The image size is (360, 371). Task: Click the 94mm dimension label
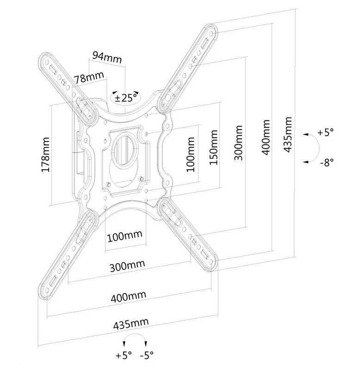pyautogui.click(x=107, y=57)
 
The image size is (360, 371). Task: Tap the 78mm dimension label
pyautogui.click(x=89, y=77)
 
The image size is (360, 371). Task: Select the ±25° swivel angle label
pyautogui.click(x=126, y=98)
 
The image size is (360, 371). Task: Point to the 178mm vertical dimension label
pyautogui.click(x=45, y=155)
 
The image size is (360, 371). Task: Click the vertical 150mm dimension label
pyautogui.click(x=213, y=147)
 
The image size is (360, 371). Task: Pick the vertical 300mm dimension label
pyautogui.click(x=238, y=143)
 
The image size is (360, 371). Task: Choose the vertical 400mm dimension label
pyautogui.click(x=266, y=137)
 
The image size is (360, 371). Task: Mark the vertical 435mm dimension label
pyautogui.click(x=287, y=135)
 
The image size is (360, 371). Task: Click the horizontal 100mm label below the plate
pyautogui.click(x=125, y=236)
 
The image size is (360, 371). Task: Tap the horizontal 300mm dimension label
pyautogui.click(x=127, y=266)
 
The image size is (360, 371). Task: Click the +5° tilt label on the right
pyautogui.click(x=326, y=132)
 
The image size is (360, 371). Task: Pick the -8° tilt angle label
pyautogui.click(x=327, y=162)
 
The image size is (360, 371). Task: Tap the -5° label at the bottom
pyautogui.click(x=147, y=355)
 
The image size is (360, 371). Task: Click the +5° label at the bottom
pyautogui.click(x=123, y=355)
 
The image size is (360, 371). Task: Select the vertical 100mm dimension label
pyautogui.click(x=191, y=155)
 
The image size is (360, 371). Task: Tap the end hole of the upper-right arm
pyautogui.click(x=211, y=34)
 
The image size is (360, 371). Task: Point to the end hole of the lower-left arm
pyautogui.click(x=47, y=291)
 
